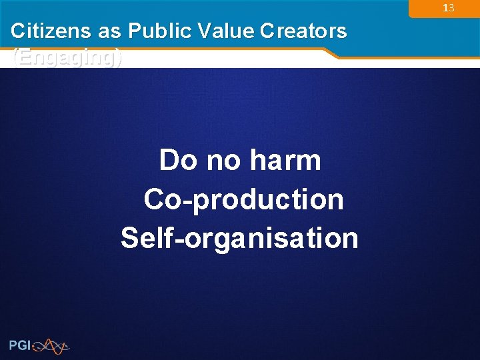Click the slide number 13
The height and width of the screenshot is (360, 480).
pyautogui.click(x=448, y=8)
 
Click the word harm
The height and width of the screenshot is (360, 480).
pyautogui.click(x=285, y=160)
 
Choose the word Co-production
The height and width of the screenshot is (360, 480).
pyautogui.click(x=243, y=199)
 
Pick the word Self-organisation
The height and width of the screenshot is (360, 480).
pyautogui.click(x=239, y=237)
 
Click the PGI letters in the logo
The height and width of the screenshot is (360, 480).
pyautogui.click(x=20, y=345)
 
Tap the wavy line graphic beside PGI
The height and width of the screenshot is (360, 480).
pyautogui.click(x=51, y=345)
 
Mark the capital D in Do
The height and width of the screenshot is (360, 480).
pyautogui.click(x=169, y=160)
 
